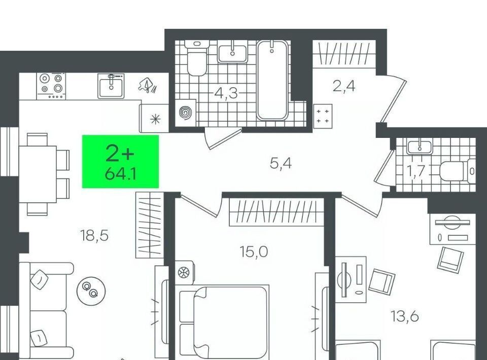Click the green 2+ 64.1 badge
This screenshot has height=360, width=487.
(121, 161)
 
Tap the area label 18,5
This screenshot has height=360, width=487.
(94, 236)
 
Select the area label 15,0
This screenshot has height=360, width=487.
(254, 251)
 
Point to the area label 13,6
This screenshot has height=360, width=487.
(405, 316)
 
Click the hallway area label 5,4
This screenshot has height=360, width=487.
(281, 163)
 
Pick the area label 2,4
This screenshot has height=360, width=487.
(344, 86)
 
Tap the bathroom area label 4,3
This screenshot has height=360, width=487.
(226, 93)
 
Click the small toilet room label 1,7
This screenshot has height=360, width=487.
(416, 171)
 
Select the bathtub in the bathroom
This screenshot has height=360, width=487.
(272, 80)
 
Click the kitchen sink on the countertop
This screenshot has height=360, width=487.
(111, 86)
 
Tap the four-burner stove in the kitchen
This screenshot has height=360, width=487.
(51, 86)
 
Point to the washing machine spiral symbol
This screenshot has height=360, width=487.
(186, 113)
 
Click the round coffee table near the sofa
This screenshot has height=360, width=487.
(91, 291)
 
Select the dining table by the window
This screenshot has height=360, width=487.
(38, 174)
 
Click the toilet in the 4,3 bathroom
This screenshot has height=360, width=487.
(197, 58)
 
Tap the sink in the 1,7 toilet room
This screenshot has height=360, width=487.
(420, 147)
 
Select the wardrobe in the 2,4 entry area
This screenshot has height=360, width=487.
(344, 54)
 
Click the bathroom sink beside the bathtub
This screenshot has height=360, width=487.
(232, 54)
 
